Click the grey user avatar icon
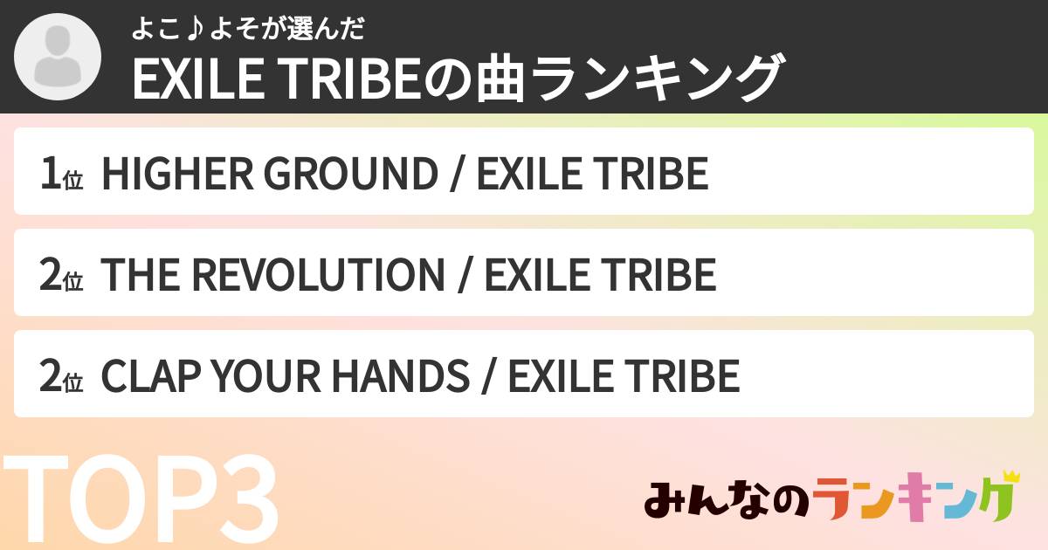tap(58, 57)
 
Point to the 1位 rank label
tap(60, 173)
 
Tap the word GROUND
tap(350, 173)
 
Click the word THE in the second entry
tap(137, 274)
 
